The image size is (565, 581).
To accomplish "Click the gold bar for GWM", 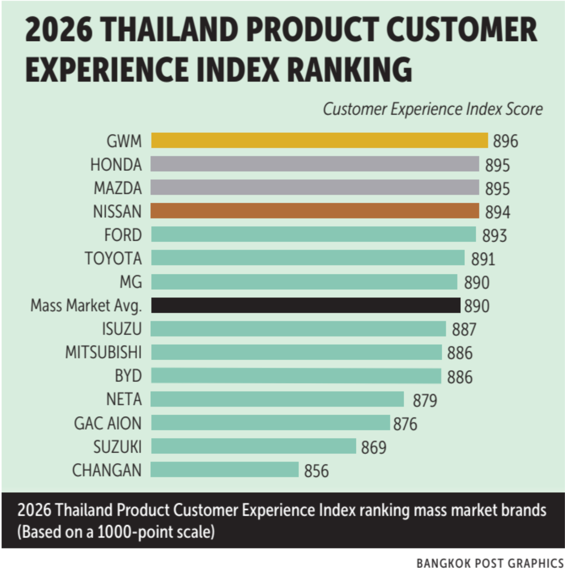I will pyautogui.click(x=319, y=140).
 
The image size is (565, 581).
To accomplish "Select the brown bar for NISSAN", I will pyautogui.click(x=315, y=211).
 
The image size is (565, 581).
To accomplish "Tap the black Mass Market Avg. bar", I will pyautogui.click(x=305, y=305).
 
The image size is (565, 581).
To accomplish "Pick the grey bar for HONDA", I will pyautogui.click(x=315, y=164).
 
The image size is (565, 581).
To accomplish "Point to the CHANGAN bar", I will pyautogui.click(x=224, y=470).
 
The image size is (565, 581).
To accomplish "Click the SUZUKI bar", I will pyautogui.click(x=253, y=446).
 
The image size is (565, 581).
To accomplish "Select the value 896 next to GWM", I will pyautogui.click(x=505, y=141).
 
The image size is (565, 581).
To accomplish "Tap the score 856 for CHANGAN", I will pyautogui.click(x=316, y=471).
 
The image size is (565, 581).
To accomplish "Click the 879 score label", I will pyautogui.click(x=425, y=400).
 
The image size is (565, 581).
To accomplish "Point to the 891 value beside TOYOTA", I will pyautogui.click(x=483, y=259).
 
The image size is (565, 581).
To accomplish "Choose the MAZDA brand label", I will pyautogui.click(x=118, y=188).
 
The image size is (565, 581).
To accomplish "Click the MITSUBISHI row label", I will pyautogui.click(x=103, y=352).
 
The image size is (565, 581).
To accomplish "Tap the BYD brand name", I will pyautogui.click(x=128, y=376).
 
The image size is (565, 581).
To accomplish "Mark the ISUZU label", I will pyautogui.click(x=122, y=329).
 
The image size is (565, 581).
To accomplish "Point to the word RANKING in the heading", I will pyautogui.click(x=350, y=69).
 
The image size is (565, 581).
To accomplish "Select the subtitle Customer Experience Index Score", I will pyautogui.click(x=432, y=109).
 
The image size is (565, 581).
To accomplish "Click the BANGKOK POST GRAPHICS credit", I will pyautogui.click(x=490, y=563).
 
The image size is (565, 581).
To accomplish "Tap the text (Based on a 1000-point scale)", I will pyautogui.click(x=116, y=532).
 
